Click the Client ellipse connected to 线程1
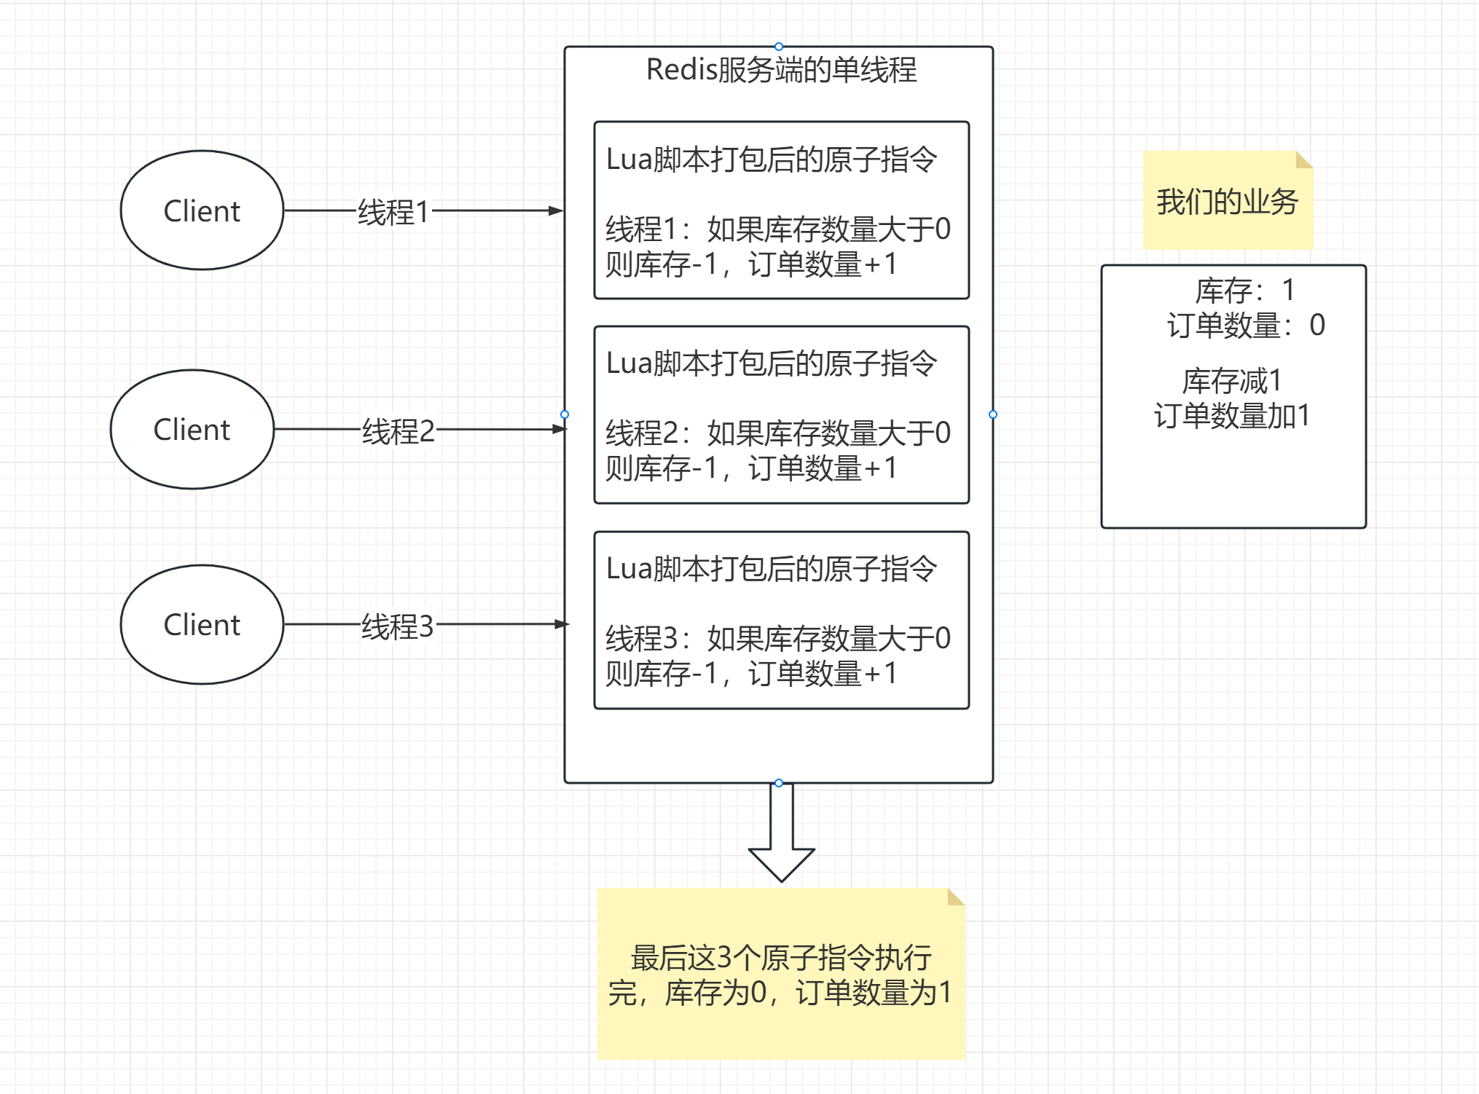coord(202,210)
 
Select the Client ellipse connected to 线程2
coord(192,429)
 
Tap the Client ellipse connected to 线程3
coord(202,624)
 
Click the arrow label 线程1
coord(393,212)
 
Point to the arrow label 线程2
coord(399,431)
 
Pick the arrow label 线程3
coord(398,626)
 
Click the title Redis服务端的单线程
coord(781,70)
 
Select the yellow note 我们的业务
coord(1228,201)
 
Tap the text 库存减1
coord(1231,381)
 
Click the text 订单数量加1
coord(1232,416)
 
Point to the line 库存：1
coord(1244,291)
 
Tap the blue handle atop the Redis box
coord(779,47)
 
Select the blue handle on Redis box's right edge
coord(993,414)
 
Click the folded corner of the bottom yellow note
coord(955,897)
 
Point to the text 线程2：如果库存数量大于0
coord(778,433)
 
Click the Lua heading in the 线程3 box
coord(772,569)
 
